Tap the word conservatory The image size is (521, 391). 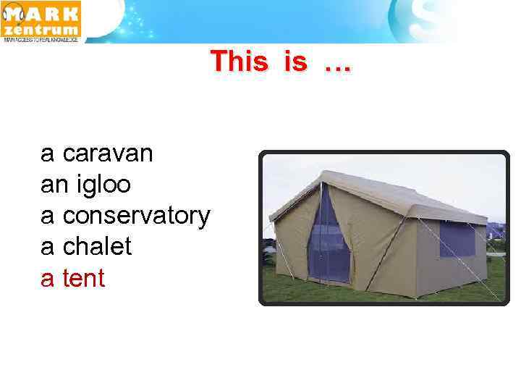136,216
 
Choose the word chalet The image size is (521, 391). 97,247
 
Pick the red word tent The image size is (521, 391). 84,278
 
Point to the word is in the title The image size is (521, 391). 295,62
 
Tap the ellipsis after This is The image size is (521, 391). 337,65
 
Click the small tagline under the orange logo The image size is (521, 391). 41,41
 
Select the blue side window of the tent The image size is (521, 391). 458,239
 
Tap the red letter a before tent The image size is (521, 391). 47,278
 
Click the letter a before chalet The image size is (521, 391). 47,247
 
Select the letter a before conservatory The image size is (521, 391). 47,216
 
